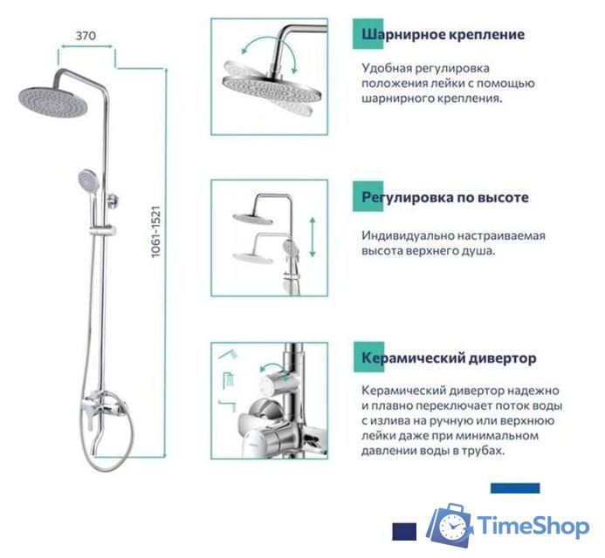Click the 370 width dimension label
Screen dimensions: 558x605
pos(85,37)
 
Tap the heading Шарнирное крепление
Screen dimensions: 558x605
pos(443,35)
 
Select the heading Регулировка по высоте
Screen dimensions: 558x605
pos(445,198)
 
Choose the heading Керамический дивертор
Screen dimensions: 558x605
pos(450,358)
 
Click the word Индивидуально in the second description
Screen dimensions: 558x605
pos(414,235)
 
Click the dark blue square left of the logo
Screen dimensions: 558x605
pos(403,529)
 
